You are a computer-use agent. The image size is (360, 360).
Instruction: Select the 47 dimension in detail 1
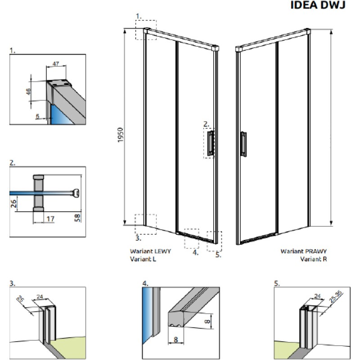tap(56, 64)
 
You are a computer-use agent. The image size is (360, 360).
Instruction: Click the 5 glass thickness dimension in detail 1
tap(37, 116)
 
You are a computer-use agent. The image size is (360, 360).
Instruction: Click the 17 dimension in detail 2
tap(50, 219)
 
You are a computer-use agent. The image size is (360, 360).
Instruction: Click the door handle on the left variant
tap(211, 144)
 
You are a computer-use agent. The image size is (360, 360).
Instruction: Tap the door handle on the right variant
tap(243, 144)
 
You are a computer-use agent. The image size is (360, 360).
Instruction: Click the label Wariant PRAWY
tap(304, 252)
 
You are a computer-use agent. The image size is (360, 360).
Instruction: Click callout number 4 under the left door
tap(195, 252)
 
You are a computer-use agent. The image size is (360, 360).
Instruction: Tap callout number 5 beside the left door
tap(218, 254)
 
